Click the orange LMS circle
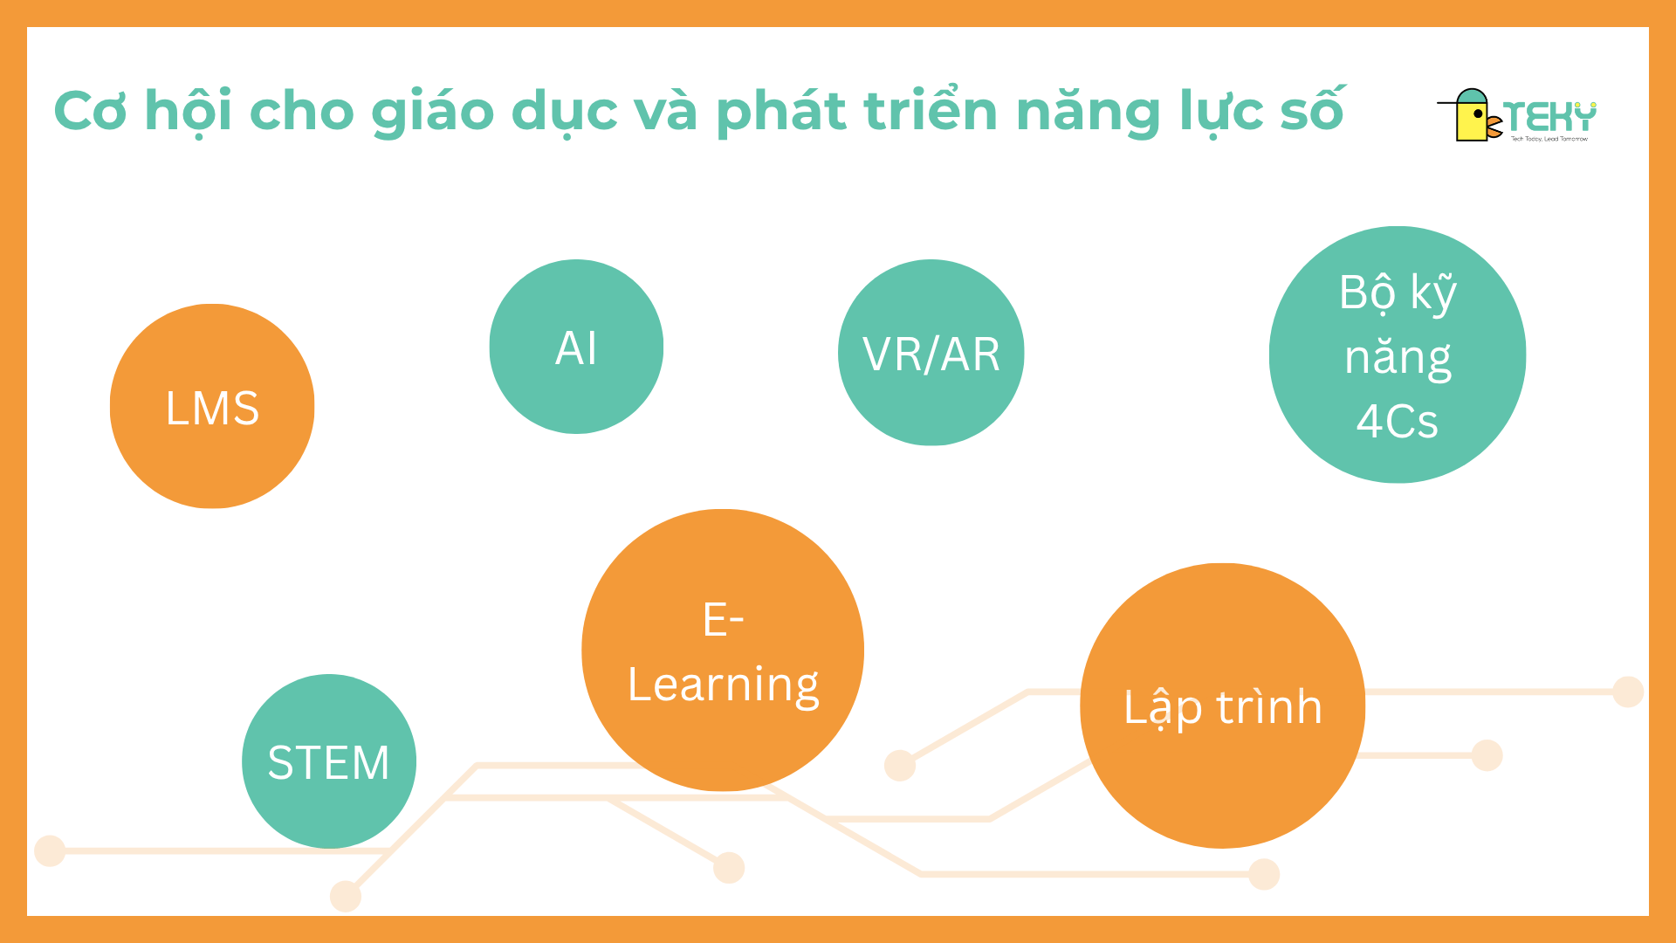212,406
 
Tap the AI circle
576,347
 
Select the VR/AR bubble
931,353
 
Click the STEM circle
329,761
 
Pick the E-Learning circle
723,650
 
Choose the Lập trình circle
1222,706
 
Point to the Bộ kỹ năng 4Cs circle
1398,354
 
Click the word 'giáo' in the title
433,114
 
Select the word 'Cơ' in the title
91,111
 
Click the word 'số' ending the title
1312,109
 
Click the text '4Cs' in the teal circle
1397,421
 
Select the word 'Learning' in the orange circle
724,685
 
